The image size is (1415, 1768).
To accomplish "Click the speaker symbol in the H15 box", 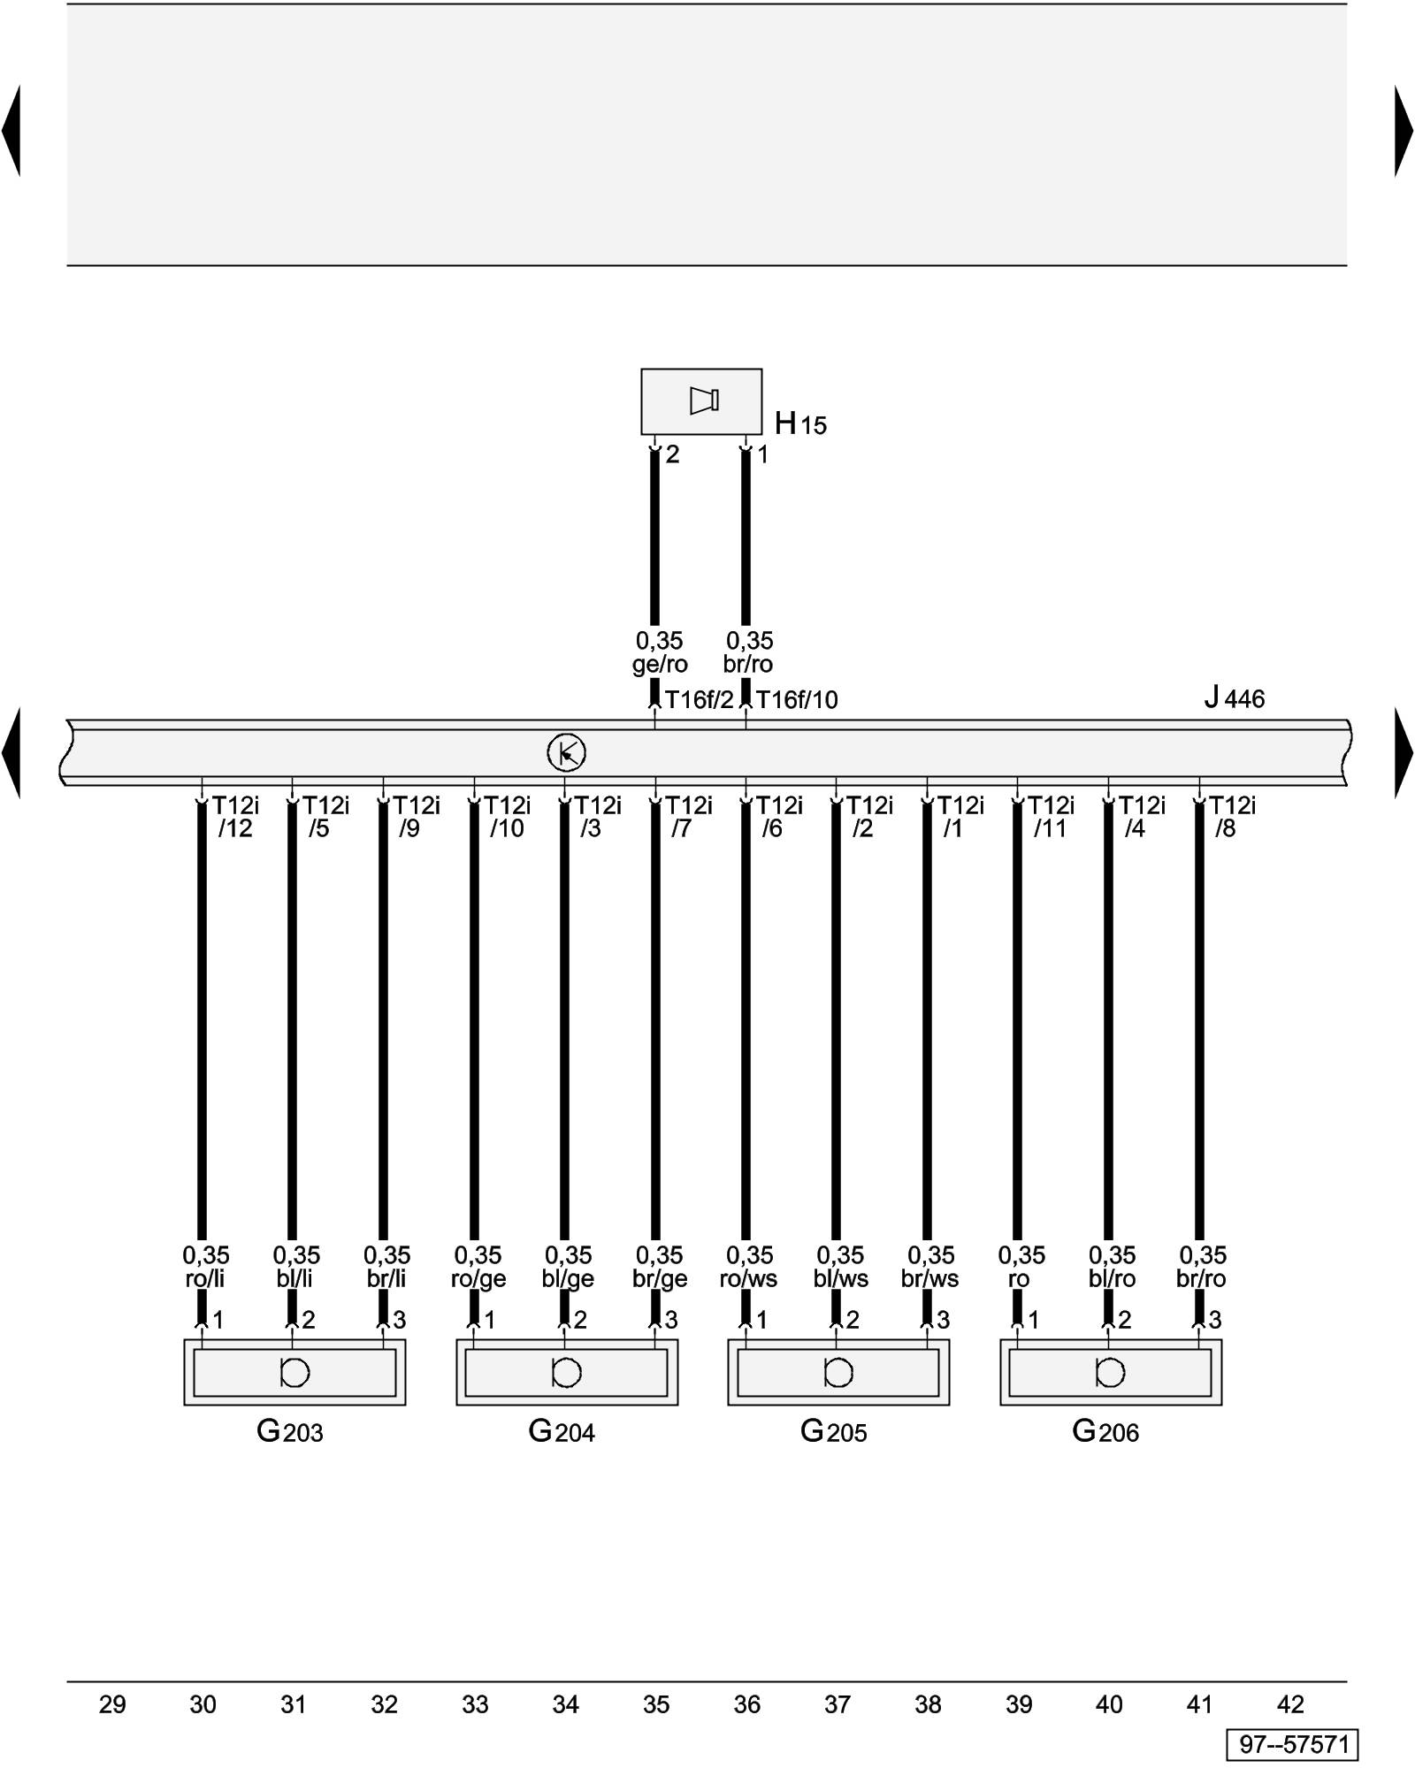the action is [x=704, y=400].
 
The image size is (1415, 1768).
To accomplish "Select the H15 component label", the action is [x=800, y=424].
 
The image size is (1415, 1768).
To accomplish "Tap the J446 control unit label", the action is [x=1235, y=698].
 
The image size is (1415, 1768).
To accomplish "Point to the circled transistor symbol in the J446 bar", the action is [x=566, y=753].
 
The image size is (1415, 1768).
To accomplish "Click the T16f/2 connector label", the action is [x=699, y=700].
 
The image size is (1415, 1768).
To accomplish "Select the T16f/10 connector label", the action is [x=797, y=700].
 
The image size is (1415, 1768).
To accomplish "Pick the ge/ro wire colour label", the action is [x=660, y=664].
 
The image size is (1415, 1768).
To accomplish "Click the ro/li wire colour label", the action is [x=205, y=1279].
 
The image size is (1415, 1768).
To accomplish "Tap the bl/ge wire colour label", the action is [x=568, y=1279].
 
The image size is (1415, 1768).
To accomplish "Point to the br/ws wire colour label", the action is [x=930, y=1279].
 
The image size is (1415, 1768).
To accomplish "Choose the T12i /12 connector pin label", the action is [x=235, y=817].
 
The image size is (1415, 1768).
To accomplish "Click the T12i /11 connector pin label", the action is [x=1051, y=817].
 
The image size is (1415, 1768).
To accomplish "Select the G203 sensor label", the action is [x=290, y=1431].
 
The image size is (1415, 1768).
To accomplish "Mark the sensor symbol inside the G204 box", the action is [x=566, y=1372].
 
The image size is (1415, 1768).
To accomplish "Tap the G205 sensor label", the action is [x=834, y=1431].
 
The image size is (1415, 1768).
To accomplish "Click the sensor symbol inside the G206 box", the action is [x=1110, y=1372].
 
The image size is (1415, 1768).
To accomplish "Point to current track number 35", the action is [x=656, y=1704].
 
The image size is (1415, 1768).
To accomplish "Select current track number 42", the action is [x=1291, y=1704].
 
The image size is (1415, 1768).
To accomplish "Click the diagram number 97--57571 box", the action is [x=1293, y=1744].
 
